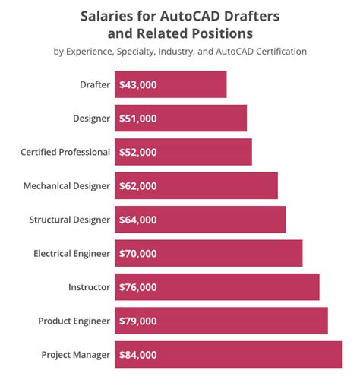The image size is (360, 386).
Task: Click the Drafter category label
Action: [94, 84]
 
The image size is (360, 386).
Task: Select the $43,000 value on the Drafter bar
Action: [138, 84]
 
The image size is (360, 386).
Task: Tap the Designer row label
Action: [91, 118]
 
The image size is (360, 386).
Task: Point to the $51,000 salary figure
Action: [138, 118]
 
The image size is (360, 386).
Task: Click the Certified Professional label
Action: [65, 152]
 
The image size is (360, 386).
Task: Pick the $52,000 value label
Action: [138, 152]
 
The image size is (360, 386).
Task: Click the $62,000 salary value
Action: [138, 185]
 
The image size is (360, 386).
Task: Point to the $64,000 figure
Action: [138, 220]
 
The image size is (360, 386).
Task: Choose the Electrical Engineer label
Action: [72, 253]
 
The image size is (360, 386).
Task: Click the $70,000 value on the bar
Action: [138, 253]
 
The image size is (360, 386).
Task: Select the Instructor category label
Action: [89, 287]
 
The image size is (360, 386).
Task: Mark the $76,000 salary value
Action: [138, 287]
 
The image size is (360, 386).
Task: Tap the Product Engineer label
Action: [74, 321]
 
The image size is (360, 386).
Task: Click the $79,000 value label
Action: [138, 321]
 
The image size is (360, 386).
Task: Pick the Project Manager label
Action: [75, 355]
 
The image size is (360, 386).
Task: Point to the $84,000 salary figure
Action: [138, 355]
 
